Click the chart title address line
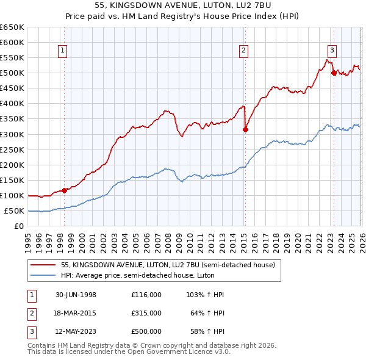183,5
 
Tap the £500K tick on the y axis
12,73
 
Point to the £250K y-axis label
12,149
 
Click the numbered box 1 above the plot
63,51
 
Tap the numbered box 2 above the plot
243,51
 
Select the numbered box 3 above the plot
332,51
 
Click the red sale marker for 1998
65,190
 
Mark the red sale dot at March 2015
245,129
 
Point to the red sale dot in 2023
334,73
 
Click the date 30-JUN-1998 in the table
76,295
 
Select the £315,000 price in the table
146,313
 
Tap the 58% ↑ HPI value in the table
206,331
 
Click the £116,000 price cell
146,295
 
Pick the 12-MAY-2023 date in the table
76,331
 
